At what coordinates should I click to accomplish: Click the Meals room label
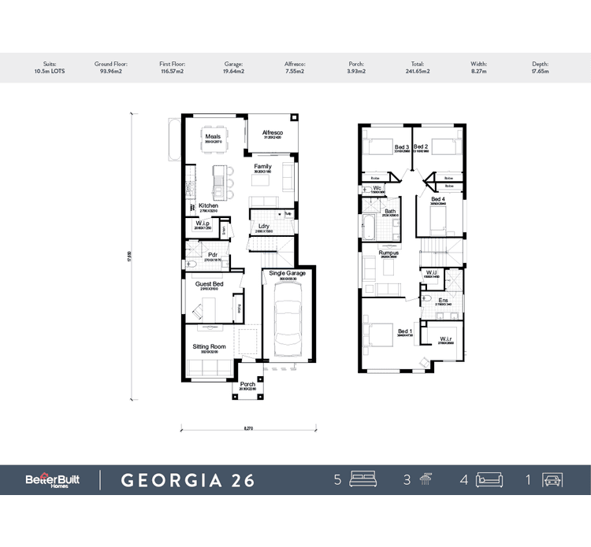213,136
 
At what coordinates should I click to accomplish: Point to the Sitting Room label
210,346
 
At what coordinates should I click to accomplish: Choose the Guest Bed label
210,283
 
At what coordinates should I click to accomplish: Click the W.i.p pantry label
202,224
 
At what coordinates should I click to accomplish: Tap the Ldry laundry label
264,227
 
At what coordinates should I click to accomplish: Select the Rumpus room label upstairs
388,253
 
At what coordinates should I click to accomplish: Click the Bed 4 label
438,200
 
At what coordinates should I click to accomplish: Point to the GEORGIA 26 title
188,480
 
